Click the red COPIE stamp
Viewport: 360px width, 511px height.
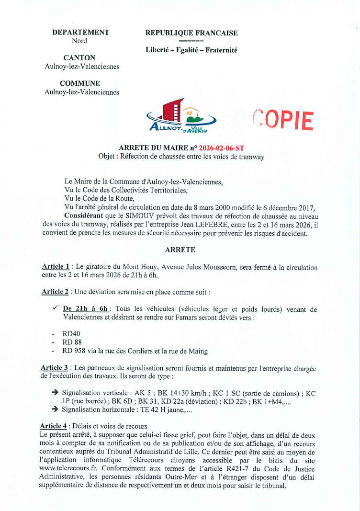point(283,121)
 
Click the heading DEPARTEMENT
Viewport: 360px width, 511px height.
point(81,33)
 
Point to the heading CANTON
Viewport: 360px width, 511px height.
point(79,58)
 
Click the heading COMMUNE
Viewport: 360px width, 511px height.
point(80,83)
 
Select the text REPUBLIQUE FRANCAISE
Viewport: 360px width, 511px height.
point(191,33)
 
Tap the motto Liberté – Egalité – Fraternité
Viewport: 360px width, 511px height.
point(191,50)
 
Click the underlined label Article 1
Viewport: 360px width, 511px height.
point(56,267)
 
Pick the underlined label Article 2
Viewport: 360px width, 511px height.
point(56,291)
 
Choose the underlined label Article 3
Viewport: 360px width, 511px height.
point(56,368)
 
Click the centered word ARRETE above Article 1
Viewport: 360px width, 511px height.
point(180,250)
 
